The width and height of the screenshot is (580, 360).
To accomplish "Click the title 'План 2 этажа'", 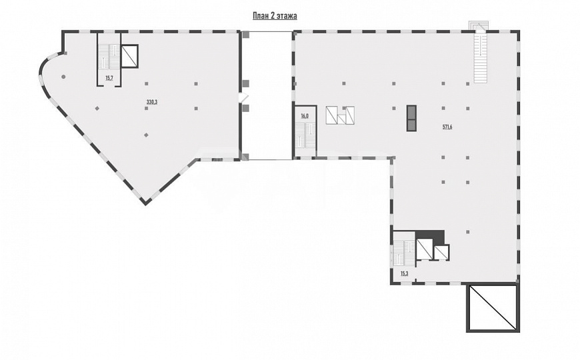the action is tap(275, 16).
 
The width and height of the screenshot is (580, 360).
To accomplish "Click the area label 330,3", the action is tap(152, 102).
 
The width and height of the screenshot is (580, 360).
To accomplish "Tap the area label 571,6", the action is tap(447, 127).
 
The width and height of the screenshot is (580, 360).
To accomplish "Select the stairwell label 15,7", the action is tap(109, 78).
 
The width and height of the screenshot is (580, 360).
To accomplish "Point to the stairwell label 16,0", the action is tap(305, 116).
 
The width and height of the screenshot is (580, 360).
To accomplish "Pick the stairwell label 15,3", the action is tap(404, 274).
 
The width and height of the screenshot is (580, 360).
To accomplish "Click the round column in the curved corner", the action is tap(63, 77).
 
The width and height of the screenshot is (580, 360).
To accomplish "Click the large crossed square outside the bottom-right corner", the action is tap(491, 307).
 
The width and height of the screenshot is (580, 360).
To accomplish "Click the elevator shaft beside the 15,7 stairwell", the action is tap(129, 56).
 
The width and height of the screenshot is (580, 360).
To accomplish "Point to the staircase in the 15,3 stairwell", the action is tap(404, 253).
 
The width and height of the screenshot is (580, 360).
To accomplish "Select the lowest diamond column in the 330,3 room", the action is tap(147, 135).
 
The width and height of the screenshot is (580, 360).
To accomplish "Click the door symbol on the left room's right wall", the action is tap(242, 97).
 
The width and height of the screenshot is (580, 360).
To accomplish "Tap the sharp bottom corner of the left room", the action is tap(146, 204).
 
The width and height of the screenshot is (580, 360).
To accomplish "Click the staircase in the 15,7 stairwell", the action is tap(109, 56).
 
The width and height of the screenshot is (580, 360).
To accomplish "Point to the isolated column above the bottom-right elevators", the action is tap(468, 232).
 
